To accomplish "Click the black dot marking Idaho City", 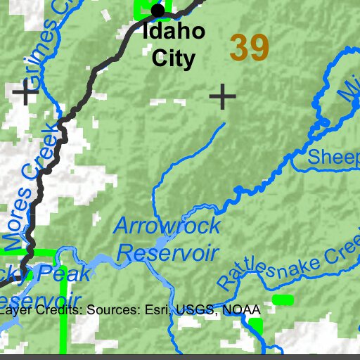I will click(x=157, y=11).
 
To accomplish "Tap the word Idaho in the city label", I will click(x=173, y=32).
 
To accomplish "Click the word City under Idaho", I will click(x=173, y=58).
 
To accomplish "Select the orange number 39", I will click(x=249, y=48).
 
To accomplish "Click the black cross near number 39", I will click(x=222, y=97).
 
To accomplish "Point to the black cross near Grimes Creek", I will click(x=26, y=94).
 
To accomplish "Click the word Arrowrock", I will click(x=167, y=227).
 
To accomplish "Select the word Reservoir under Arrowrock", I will click(x=167, y=252).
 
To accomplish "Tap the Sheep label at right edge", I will click(x=334, y=157).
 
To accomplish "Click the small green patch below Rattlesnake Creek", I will click(x=283, y=300).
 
